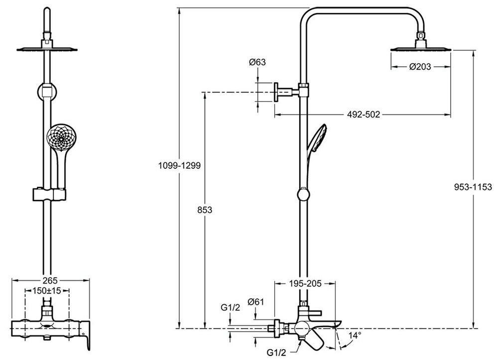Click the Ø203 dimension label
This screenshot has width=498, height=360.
point(420,67)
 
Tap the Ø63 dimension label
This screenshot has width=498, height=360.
point(257,62)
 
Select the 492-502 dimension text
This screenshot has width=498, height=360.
point(363,115)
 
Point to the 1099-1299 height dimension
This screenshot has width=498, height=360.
point(179,165)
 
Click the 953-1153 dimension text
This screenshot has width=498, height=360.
point(473,187)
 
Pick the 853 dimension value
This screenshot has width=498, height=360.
point(205,210)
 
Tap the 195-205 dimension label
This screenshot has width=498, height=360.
point(305,283)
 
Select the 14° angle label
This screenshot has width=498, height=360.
point(355,335)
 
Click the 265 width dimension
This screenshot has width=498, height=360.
point(50,280)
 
